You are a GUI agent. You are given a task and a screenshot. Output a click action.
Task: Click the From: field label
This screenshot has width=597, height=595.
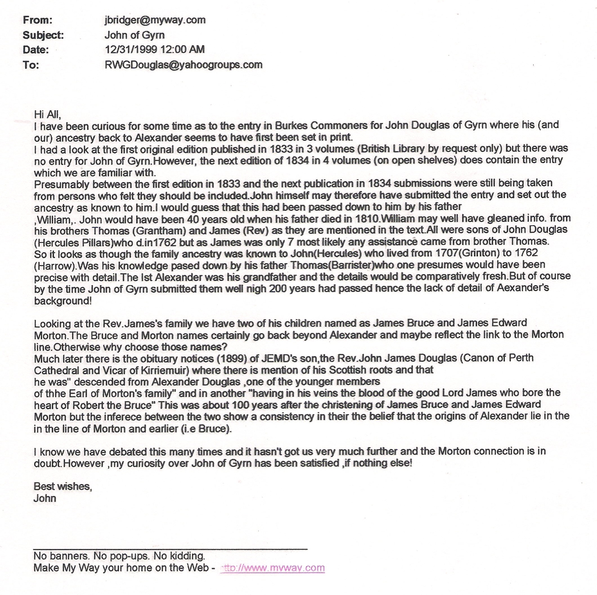(37, 20)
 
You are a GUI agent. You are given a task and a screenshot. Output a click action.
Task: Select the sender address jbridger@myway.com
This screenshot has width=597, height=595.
(155, 20)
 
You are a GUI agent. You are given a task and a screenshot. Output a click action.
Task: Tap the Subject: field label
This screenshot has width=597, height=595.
(43, 35)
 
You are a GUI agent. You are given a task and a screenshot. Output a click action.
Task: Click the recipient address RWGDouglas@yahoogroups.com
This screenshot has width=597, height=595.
(183, 65)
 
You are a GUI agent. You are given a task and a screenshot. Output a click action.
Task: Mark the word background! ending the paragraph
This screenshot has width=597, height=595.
(63, 301)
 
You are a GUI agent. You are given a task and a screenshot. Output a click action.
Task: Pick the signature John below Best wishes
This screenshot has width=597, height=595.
(45, 498)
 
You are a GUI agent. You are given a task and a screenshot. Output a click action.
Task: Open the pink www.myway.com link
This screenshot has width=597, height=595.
(273, 568)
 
